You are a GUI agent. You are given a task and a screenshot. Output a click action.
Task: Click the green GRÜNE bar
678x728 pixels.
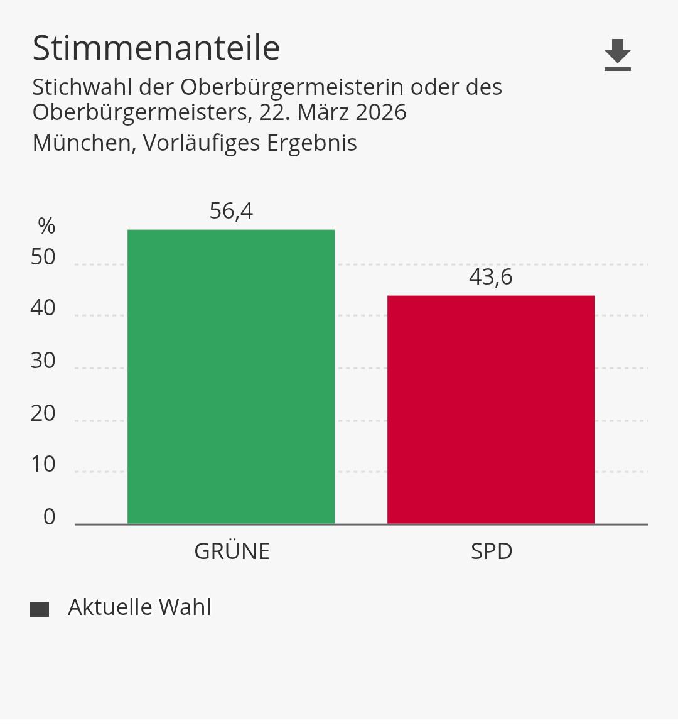point(231,377)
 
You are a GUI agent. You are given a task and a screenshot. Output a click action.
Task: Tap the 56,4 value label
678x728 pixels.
point(231,211)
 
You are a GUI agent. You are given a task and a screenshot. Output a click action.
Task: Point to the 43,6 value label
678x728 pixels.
point(491,277)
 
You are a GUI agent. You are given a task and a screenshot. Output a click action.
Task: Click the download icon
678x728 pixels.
point(618,54)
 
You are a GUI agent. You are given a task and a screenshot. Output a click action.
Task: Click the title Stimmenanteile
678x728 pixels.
point(156,48)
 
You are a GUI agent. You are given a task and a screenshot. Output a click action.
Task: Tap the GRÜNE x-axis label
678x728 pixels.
point(232,551)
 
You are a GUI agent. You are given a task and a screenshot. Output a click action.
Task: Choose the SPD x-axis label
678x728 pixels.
point(492,551)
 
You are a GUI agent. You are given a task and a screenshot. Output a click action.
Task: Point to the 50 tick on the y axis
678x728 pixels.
point(43,257)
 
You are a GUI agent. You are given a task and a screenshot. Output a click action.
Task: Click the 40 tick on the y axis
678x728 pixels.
point(43,308)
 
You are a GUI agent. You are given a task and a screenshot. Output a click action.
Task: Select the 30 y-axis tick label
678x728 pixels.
point(43,361)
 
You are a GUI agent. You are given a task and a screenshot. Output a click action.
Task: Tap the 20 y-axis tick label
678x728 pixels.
point(43,413)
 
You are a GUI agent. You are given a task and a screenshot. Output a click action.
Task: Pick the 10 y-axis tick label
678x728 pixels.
point(43,465)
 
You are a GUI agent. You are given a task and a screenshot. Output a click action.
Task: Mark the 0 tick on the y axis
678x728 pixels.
point(50,517)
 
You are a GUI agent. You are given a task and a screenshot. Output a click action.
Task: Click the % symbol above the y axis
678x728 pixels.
point(46,226)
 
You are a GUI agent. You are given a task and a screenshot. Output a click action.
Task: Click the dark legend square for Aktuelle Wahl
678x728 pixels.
point(40,609)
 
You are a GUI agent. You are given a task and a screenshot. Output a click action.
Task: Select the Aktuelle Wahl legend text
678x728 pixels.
point(139,607)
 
